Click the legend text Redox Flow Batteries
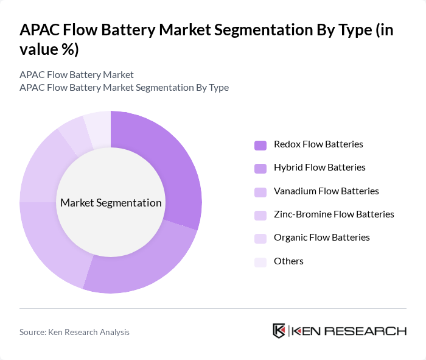(318, 144)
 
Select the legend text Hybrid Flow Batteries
(319, 168)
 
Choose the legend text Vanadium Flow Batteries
(326, 191)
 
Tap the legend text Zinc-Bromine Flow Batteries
(334, 214)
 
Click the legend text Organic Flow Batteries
(322, 238)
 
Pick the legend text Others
(288, 261)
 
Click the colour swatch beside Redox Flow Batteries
(260, 145)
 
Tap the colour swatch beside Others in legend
(260, 261)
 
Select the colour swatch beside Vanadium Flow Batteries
(260, 191)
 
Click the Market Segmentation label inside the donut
(111, 203)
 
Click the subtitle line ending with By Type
(124, 87)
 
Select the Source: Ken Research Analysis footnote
(74, 332)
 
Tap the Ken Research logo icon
(279, 331)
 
